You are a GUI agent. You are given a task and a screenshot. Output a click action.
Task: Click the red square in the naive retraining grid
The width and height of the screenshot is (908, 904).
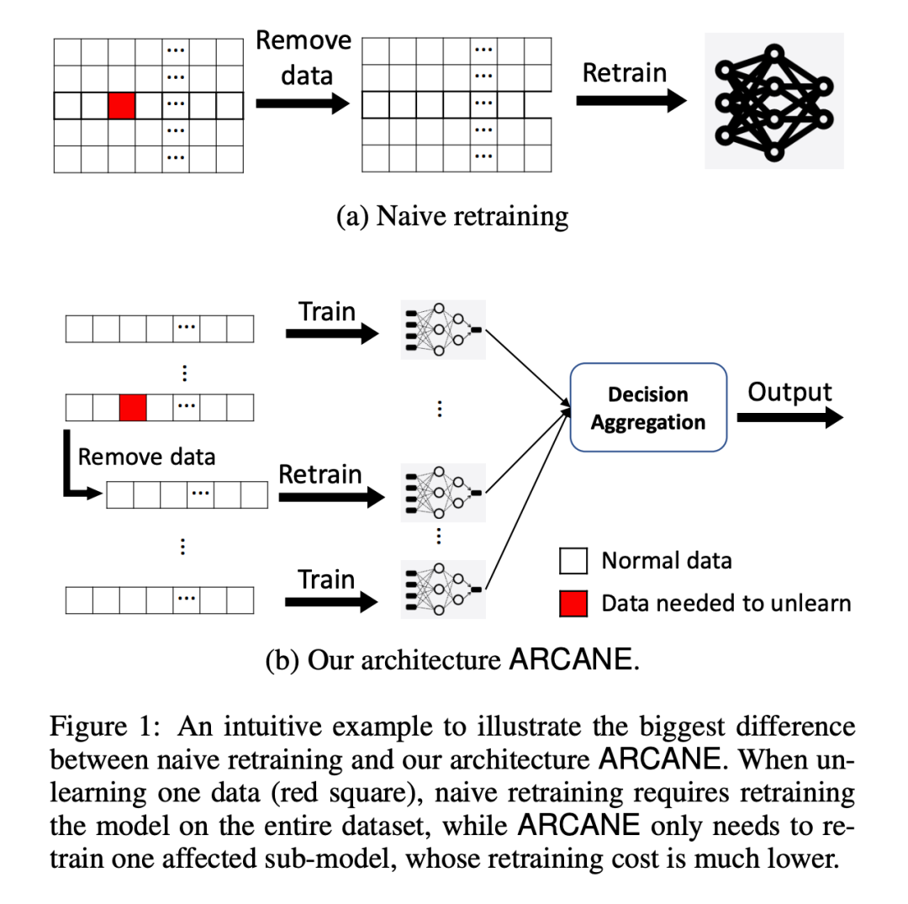click(x=121, y=106)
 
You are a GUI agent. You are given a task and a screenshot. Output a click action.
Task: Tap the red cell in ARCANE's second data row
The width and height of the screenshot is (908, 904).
click(x=133, y=408)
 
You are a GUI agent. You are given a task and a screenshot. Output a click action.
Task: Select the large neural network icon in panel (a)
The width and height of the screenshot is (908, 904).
click(x=773, y=101)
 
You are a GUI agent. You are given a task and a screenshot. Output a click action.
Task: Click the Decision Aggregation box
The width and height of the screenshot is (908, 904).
click(x=647, y=408)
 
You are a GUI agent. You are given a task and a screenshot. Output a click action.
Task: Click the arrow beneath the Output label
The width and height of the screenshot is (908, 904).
click(x=789, y=418)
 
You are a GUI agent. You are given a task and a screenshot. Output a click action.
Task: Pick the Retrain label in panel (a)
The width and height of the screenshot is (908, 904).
click(x=624, y=73)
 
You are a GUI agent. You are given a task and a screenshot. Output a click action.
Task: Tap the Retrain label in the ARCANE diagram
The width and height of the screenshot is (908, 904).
click(x=320, y=474)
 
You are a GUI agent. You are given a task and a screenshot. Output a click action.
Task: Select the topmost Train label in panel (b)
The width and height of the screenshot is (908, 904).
click(x=327, y=312)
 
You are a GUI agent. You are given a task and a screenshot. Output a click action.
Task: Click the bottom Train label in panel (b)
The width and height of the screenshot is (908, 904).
click(x=327, y=579)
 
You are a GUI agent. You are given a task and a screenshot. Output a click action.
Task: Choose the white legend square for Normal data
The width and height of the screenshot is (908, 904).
click(x=573, y=561)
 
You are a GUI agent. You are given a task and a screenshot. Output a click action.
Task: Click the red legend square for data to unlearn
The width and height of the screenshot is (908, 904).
click(x=573, y=603)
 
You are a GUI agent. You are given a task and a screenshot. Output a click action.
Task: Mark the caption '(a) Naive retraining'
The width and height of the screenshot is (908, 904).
click(x=452, y=216)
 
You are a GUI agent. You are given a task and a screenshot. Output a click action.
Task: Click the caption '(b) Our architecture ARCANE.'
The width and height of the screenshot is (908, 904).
click(x=452, y=659)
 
